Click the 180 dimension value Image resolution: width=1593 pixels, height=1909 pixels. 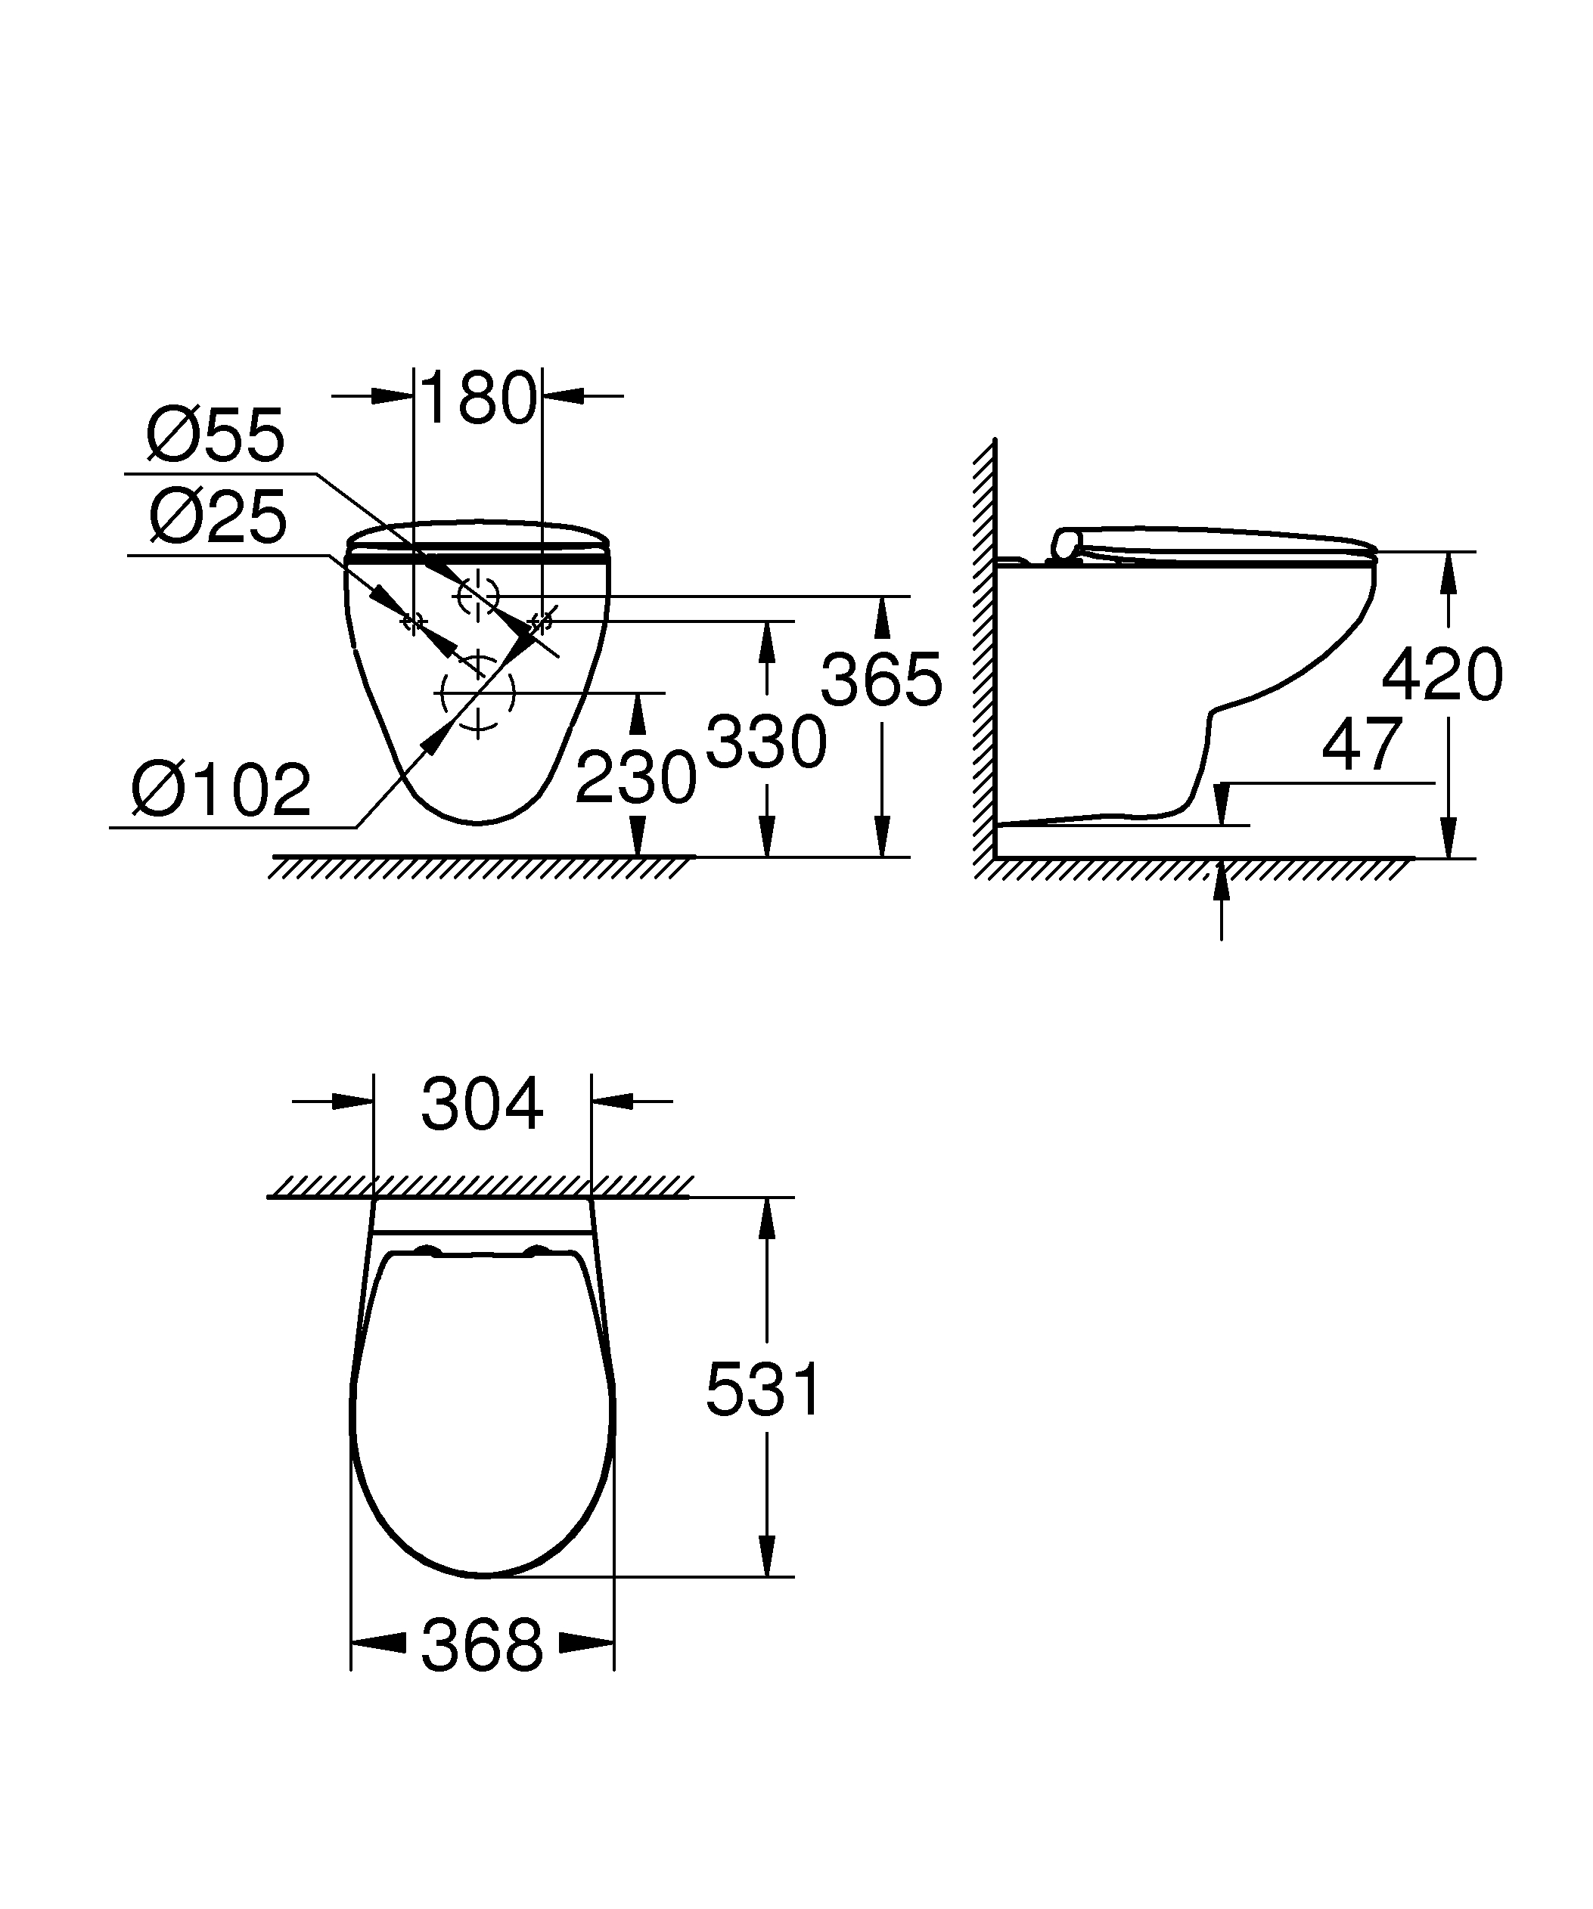[x=478, y=398]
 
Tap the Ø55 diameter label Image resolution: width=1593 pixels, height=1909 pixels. [x=216, y=435]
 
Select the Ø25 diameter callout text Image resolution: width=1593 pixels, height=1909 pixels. [x=218, y=516]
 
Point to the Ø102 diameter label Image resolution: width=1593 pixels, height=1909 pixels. [x=221, y=790]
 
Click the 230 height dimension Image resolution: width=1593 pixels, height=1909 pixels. [x=635, y=777]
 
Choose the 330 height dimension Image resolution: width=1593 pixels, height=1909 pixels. [x=765, y=742]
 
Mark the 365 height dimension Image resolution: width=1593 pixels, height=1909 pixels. [x=881, y=679]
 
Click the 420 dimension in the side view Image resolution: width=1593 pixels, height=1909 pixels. [x=1441, y=674]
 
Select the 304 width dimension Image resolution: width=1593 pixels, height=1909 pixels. [x=482, y=1104]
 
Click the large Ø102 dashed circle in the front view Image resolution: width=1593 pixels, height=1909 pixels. [x=477, y=693]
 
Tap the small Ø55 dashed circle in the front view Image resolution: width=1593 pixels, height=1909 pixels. [x=478, y=596]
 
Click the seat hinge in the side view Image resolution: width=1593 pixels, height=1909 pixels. [x=1065, y=544]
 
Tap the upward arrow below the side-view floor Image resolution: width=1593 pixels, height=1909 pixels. [x=1221, y=895]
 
